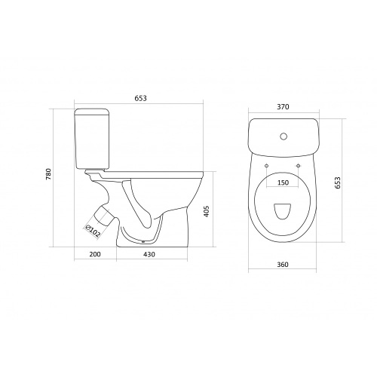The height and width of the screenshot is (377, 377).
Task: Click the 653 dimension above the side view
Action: click(x=140, y=98)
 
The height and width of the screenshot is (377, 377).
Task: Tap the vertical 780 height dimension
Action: click(x=48, y=173)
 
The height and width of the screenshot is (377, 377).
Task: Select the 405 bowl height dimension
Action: click(x=206, y=211)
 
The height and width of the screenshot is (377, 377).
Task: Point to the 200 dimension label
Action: click(x=95, y=254)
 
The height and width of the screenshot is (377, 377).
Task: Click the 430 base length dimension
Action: click(x=149, y=254)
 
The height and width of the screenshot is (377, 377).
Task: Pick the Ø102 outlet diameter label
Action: click(x=92, y=231)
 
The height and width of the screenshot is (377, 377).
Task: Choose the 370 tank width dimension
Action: click(x=283, y=107)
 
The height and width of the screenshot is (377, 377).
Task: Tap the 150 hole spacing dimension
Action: click(x=283, y=182)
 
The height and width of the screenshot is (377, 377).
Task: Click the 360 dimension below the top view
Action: click(x=283, y=265)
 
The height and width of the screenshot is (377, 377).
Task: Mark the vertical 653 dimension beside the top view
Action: click(x=338, y=182)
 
